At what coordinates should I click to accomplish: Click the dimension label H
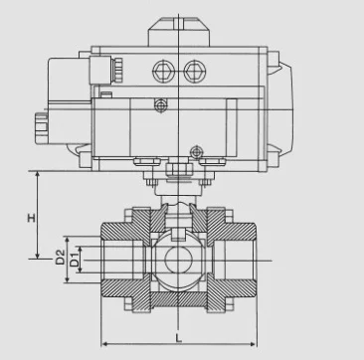tap(32, 218)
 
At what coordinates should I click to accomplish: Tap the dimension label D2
tap(60, 257)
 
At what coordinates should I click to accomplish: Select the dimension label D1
tap(76, 260)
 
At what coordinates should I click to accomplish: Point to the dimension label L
tap(179, 338)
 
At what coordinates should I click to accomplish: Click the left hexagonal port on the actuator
tap(163, 72)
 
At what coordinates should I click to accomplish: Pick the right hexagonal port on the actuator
tap(195, 72)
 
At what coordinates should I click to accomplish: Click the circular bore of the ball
tap(179, 260)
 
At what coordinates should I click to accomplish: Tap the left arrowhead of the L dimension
tap(103, 344)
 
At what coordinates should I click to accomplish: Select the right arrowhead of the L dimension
tap(254, 344)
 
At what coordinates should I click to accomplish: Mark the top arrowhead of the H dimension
tap(38, 174)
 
